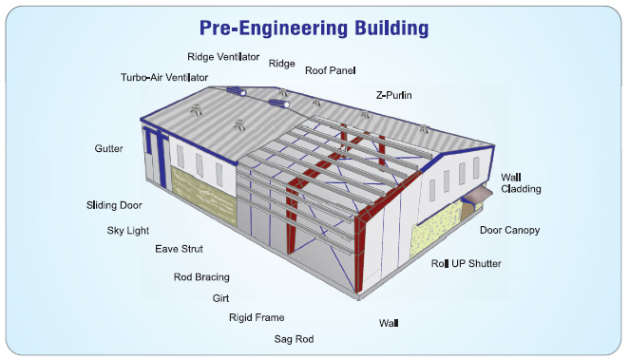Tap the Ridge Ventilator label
point(223,57)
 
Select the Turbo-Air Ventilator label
point(164,77)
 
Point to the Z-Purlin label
point(394,95)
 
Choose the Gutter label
point(108,149)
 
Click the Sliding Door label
point(115,204)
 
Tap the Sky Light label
point(128,230)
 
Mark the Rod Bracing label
point(201,277)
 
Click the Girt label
point(220,298)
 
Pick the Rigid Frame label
point(257,317)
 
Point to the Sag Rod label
point(294,338)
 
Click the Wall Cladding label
point(521,182)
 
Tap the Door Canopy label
point(508,230)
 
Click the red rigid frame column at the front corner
point(359,256)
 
